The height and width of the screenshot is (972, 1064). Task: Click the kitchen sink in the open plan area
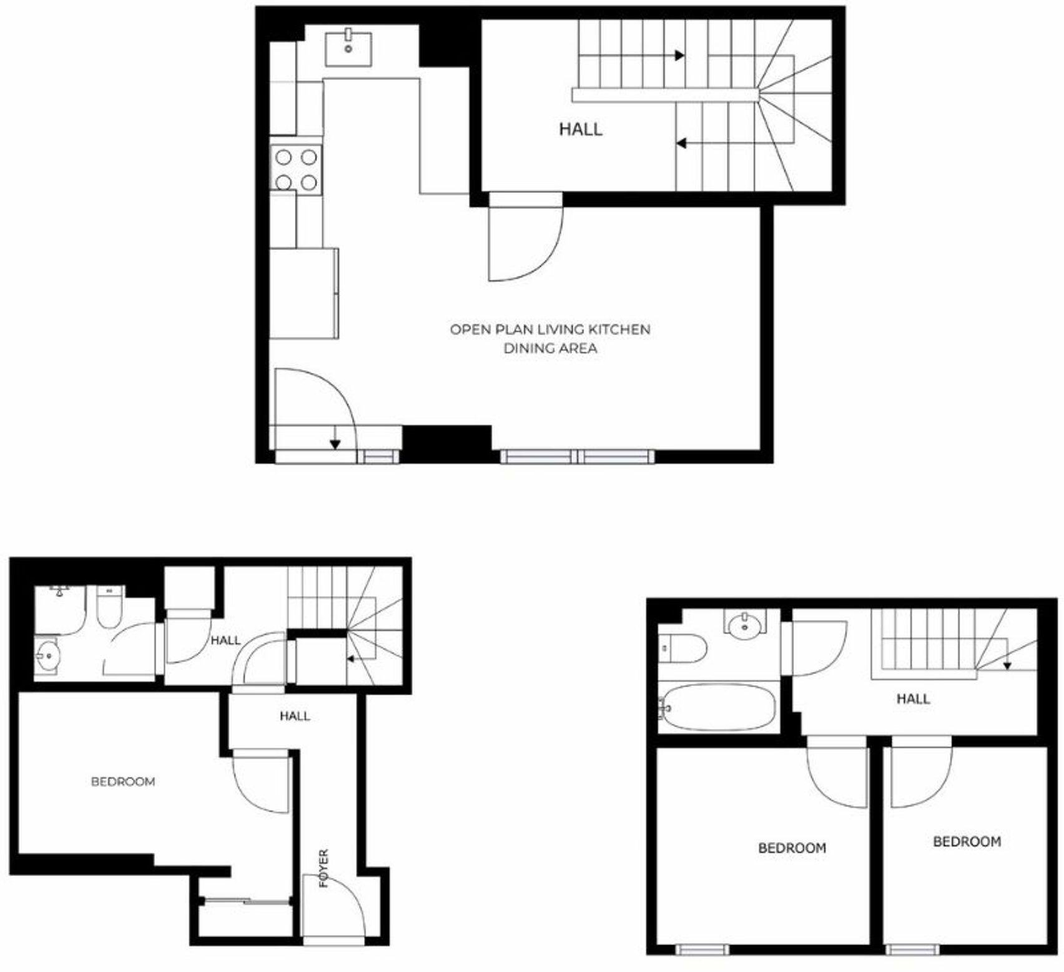[x=348, y=48]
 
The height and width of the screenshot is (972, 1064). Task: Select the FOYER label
[x=323, y=868]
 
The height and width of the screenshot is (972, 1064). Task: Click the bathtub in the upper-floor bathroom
[x=718, y=708]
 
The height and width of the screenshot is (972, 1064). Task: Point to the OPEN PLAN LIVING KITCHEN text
[x=550, y=329]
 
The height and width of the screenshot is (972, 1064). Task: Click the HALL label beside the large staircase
[x=581, y=129]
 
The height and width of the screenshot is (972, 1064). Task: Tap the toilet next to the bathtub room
[x=684, y=648]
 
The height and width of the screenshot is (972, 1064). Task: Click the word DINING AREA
[x=550, y=349]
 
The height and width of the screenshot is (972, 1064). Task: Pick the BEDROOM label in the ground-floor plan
[x=123, y=781]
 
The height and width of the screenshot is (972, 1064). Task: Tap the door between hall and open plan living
[x=526, y=241]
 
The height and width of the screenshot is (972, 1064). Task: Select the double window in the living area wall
[x=578, y=457]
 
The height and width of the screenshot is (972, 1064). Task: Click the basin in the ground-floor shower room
[x=47, y=656]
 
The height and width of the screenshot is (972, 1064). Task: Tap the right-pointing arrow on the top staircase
[x=679, y=55]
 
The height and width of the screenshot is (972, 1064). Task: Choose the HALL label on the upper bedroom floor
[x=913, y=699]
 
